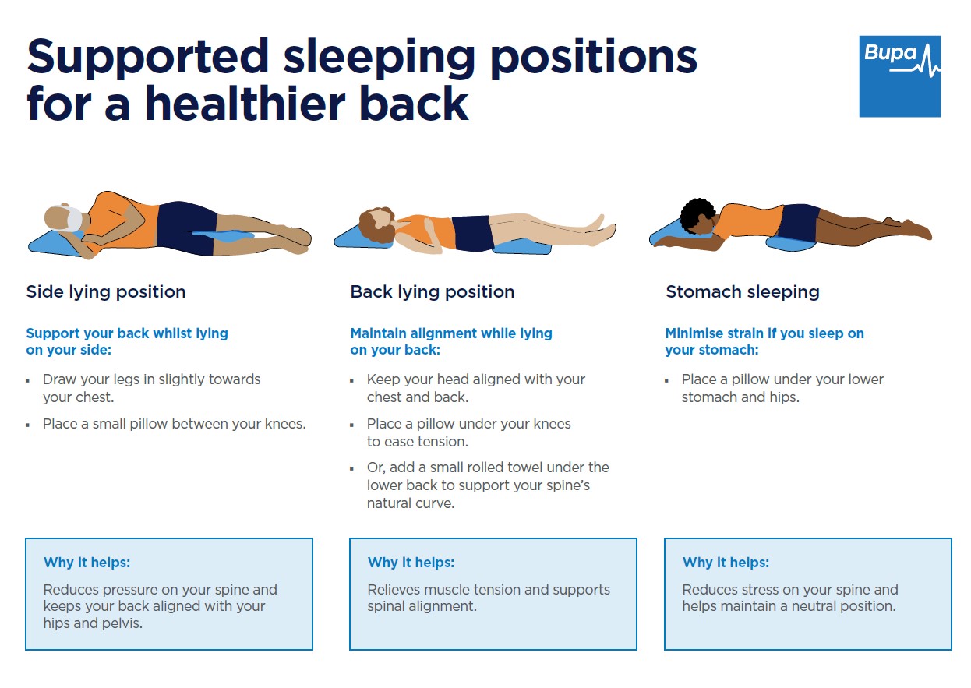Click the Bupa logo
click(x=899, y=76)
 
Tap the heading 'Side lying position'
click(x=106, y=292)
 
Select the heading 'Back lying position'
click(x=432, y=292)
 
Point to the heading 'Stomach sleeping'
click(x=742, y=292)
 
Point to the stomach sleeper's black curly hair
click(x=697, y=214)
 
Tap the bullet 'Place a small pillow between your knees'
click(x=174, y=425)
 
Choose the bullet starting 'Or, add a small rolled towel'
click(x=488, y=485)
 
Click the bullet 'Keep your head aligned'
click(x=475, y=388)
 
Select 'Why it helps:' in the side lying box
click(x=87, y=563)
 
